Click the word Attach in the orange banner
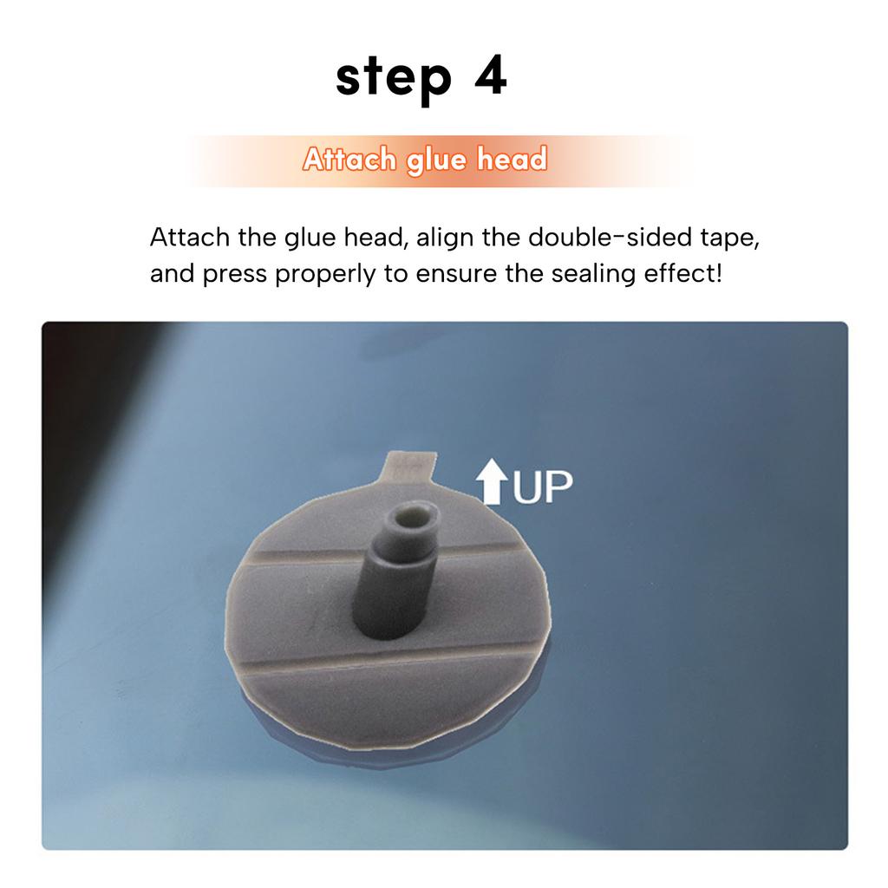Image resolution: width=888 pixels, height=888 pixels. pyautogui.click(x=349, y=160)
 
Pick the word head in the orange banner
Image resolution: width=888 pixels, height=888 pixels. pyautogui.click(x=513, y=160)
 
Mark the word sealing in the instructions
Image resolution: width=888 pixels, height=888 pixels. pyautogui.click(x=591, y=276)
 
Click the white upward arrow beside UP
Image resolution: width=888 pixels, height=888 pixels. pyautogui.click(x=493, y=482)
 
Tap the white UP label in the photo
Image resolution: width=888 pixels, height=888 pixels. pyautogui.click(x=543, y=488)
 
